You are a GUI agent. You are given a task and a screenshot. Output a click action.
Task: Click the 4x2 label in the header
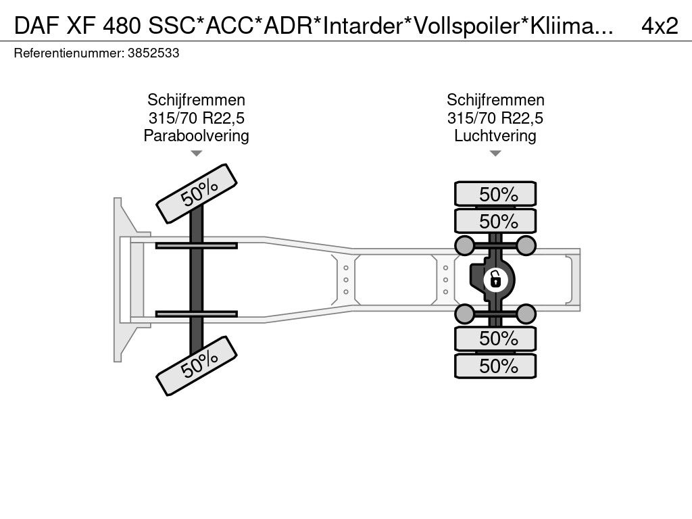point(660,26)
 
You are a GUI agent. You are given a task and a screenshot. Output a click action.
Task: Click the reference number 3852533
point(153,53)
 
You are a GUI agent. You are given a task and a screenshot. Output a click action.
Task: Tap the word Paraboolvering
point(197,135)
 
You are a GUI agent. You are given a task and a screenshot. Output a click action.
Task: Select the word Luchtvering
point(495,135)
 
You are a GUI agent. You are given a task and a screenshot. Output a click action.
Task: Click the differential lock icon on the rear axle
point(495,280)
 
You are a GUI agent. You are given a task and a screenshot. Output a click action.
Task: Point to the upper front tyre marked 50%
point(197,194)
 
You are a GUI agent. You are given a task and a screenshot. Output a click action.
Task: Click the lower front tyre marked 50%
point(197,366)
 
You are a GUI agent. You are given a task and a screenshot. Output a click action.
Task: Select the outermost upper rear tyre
point(495,194)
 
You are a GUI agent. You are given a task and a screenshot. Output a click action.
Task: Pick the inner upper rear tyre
point(495,221)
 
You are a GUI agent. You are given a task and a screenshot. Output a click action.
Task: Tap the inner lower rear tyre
point(495,339)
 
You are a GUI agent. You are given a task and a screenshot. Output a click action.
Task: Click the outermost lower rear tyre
point(495,366)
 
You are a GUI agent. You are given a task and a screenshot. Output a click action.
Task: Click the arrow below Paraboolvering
point(197,153)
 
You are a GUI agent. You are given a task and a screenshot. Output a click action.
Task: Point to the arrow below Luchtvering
point(495,153)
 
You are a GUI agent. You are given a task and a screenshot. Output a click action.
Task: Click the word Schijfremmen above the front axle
point(197,100)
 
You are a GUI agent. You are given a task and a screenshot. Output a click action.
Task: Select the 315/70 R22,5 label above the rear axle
point(495,118)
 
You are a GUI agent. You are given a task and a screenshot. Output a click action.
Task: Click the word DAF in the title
point(36,26)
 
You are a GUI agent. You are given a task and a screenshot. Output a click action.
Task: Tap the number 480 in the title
point(122,26)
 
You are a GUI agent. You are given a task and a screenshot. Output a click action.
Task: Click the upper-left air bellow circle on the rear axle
point(464,245)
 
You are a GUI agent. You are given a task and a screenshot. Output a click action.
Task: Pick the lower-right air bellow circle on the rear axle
point(526,314)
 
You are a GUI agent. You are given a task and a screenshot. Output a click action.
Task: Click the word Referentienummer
point(69,53)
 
